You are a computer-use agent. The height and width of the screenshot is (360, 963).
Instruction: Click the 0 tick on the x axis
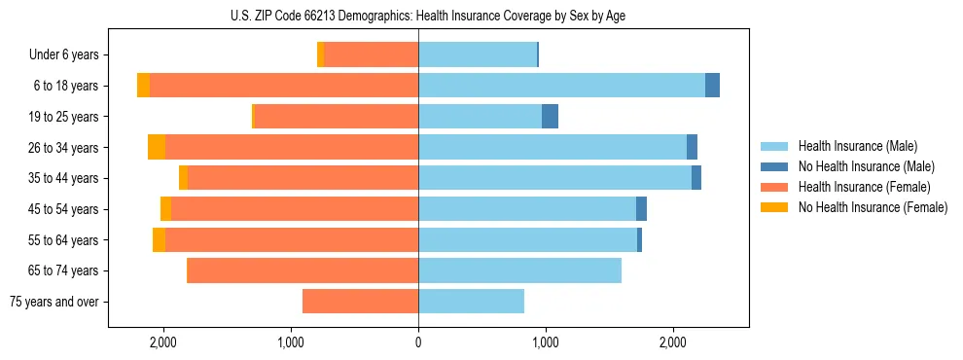point(418,342)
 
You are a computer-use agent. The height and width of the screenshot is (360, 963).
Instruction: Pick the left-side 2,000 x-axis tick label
point(162,342)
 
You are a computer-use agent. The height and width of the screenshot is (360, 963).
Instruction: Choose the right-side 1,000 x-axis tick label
point(546,342)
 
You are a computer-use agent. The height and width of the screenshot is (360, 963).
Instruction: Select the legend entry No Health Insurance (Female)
point(873,207)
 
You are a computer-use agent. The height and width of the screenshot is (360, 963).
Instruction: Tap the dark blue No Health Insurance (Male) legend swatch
point(775,166)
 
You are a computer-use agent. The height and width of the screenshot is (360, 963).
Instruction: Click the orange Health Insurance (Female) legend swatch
point(775,187)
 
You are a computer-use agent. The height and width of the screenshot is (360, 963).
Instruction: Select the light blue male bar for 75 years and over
point(471,302)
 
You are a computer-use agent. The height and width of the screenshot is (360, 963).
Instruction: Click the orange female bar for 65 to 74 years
point(303,270)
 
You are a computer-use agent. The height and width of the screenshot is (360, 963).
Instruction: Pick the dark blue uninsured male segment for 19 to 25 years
point(550,117)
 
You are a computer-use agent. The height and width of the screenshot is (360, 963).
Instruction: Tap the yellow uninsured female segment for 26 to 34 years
point(157,147)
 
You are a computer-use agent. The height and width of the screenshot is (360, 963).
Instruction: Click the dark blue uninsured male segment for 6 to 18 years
point(712,86)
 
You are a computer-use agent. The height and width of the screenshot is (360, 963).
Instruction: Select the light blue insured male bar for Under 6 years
point(477,55)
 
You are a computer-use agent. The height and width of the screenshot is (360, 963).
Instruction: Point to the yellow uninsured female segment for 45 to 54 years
point(165,209)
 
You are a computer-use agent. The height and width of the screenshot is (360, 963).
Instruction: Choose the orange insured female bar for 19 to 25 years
point(336,117)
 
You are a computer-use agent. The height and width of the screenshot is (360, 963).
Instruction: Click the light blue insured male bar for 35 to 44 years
point(554,178)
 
